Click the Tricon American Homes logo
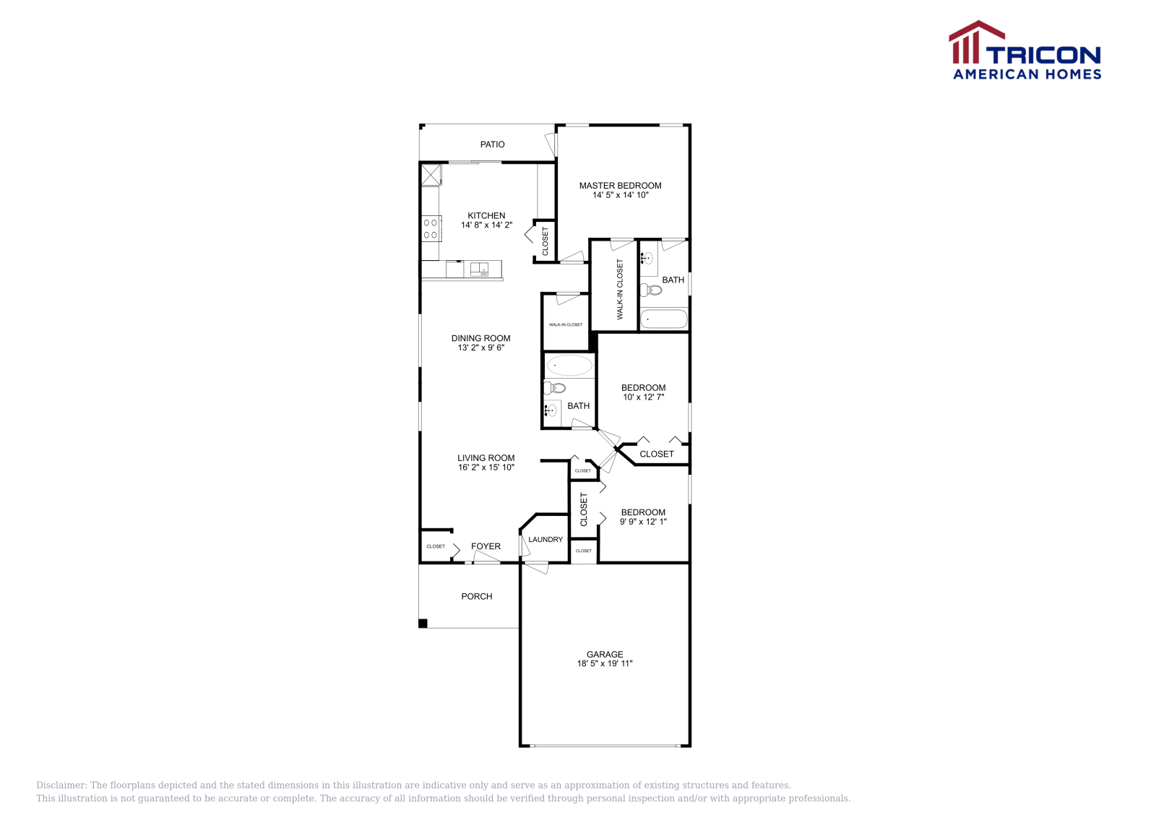[1025, 51]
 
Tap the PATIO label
[492, 145]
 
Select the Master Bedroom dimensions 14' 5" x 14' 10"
[620, 195]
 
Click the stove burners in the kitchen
[431, 228]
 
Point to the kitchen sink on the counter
[479, 270]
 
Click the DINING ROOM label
[480, 338]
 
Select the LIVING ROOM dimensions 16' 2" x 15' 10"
[486, 468]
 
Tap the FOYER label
[486, 546]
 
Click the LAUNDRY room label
[545, 540]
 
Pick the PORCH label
[476, 596]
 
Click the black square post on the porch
[423, 624]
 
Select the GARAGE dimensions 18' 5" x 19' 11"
[604, 663]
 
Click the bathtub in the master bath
[663, 319]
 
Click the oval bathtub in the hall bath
[569, 365]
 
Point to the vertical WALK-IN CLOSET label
[620, 289]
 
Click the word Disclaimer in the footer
[61, 785]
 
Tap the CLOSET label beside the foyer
[436, 546]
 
